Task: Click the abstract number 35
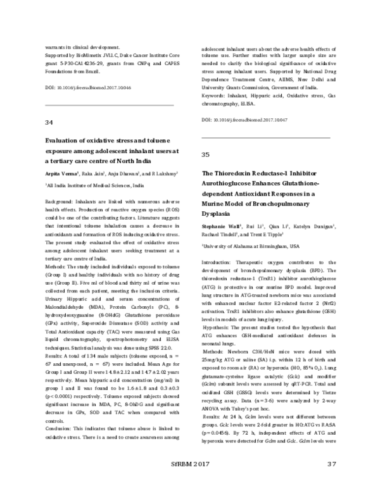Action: coord(205,154)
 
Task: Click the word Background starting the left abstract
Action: coord(59,199)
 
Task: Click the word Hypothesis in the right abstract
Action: coord(219,310)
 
